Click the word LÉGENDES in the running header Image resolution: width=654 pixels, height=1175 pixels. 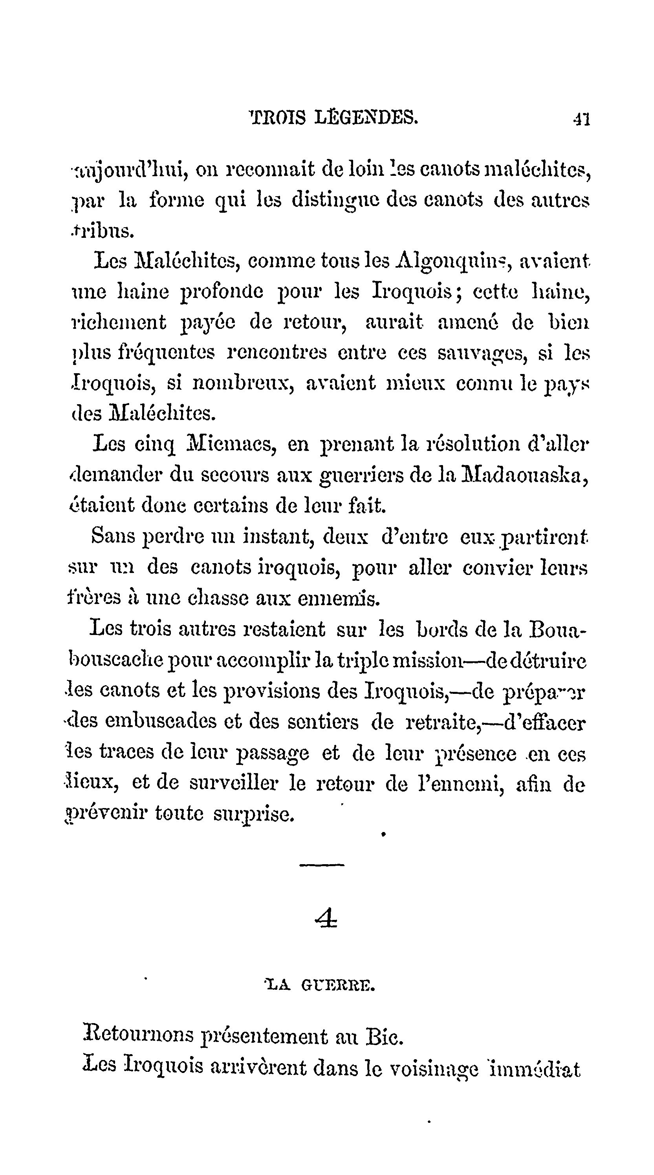pyautogui.click(x=366, y=118)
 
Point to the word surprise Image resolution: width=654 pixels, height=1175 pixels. pyautogui.click(x=254, y=815)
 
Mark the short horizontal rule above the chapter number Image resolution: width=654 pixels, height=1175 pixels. pyautogui.click(x=322, y=864)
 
